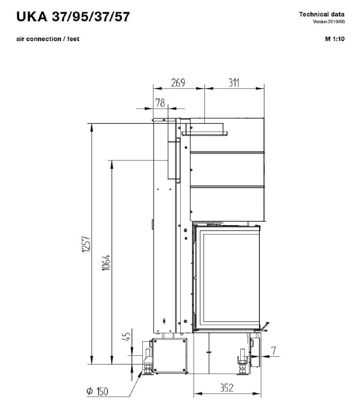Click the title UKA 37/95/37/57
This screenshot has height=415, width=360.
pyautogui.click(x=73, y=17)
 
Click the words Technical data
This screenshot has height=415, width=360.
pyautogui.click(x=322, y=15)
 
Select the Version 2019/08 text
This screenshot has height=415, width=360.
pyautogui.click(x=329, y=21)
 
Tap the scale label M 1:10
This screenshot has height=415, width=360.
pyautogui.click(x=335, y=39)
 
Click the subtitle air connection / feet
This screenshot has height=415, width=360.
pyautogui.click(x=48, y=39)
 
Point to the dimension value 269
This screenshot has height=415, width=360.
pyautogui.click(x=178, y=83)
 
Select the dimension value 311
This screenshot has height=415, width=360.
pyautogui.click(x=234, y=83)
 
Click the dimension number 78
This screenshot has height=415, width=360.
pyautogui.click(x=160, y=103)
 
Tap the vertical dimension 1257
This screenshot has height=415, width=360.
pyautogui.click(x=86, y=244)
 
